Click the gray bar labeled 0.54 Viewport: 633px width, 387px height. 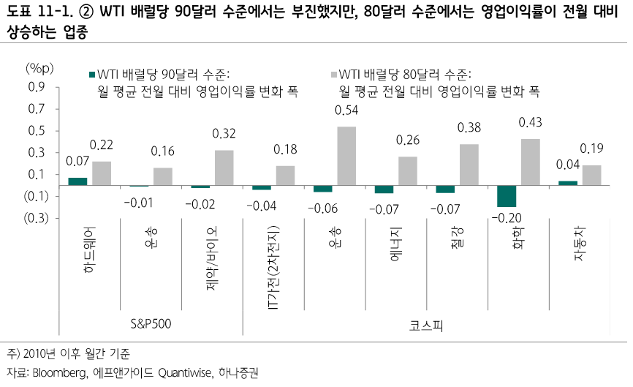click(346, 156)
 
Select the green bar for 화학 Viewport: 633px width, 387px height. click(506, 196)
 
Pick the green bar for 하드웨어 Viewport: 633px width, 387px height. click(77, 181)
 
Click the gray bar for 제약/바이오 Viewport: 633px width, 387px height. click(224, 168)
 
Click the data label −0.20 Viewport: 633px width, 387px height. click(505, 218)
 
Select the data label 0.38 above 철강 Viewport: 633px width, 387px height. click(469, 128)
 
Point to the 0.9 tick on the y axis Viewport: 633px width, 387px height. click(36, 87)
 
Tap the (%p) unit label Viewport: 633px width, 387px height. click(40, 69)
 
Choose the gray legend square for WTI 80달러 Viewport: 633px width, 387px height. click(333, 75)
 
